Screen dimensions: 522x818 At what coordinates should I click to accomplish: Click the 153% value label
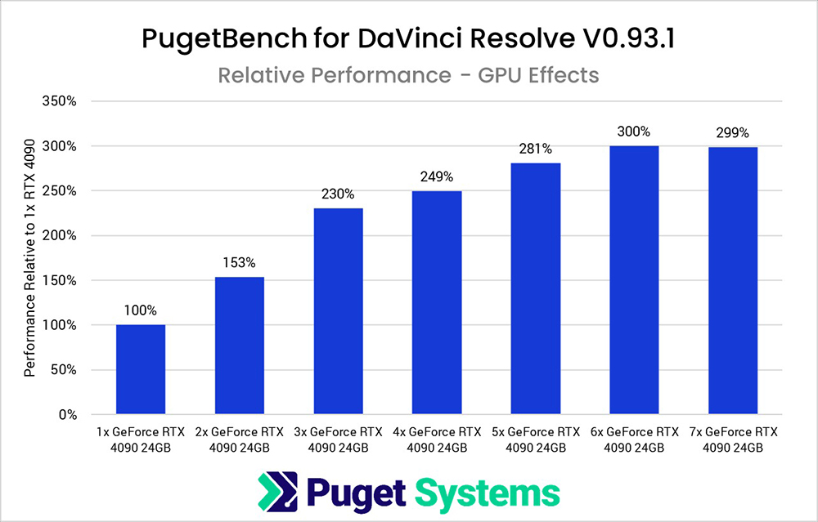(x=239, y=263)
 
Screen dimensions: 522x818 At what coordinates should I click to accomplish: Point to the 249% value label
(x=436, y=177)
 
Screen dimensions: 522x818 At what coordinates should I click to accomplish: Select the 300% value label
(x=634, y=132)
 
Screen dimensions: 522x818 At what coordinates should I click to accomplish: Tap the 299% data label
(x=732, y=133)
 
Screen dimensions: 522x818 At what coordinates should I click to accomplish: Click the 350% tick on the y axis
(x=60, y=102)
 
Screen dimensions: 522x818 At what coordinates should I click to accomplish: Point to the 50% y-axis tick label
(x=64, y=370)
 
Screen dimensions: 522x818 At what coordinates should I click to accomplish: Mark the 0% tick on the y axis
(x=67, y=415)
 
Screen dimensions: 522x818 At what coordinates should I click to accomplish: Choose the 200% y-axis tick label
(x=60, y=236)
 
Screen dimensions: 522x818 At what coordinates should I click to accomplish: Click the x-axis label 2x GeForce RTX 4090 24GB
(x=239, y=439)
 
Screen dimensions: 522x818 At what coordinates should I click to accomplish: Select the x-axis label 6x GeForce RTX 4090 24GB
(x=634, y=439)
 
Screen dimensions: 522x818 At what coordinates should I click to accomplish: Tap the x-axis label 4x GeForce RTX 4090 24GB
(x=436, y=439)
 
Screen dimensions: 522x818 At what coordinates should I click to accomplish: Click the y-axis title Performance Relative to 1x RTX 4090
(x=29, y=259)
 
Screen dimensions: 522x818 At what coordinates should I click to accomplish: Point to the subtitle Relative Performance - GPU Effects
(x=408, y=75)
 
